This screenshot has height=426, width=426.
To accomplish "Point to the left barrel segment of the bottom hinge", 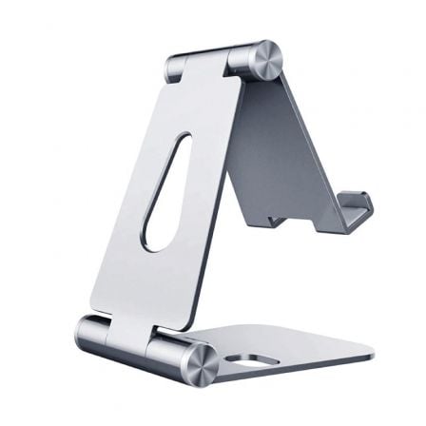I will (93, 333).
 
